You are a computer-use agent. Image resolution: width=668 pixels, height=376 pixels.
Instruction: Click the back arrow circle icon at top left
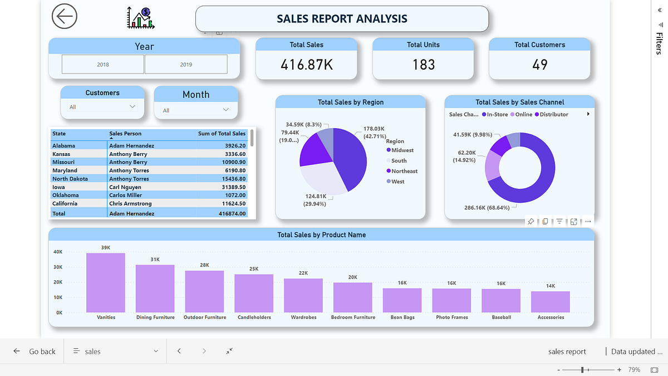point(65,17)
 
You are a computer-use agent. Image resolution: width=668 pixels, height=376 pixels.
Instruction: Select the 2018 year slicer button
point(103,64)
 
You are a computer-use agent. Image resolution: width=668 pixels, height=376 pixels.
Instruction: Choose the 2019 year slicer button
point(186,64)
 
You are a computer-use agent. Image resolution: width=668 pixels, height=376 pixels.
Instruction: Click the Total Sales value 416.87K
point(306,65)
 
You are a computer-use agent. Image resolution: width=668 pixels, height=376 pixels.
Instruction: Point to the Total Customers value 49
point(539,65)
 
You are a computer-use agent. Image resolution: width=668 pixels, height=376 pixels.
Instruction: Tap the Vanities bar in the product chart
point(106,283)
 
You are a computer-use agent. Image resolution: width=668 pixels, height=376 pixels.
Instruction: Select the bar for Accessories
point(550,301)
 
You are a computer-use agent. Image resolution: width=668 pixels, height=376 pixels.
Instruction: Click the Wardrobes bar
point(303,295)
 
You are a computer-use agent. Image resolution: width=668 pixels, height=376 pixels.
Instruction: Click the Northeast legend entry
point(404,171)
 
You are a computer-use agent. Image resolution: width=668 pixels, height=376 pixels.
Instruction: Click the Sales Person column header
point(125,134)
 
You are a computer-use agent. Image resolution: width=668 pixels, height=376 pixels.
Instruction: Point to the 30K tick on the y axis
point(58,267)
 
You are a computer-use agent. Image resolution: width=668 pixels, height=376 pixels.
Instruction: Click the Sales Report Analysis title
point(342,19)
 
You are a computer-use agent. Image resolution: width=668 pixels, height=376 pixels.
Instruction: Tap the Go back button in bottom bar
point(35,351)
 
